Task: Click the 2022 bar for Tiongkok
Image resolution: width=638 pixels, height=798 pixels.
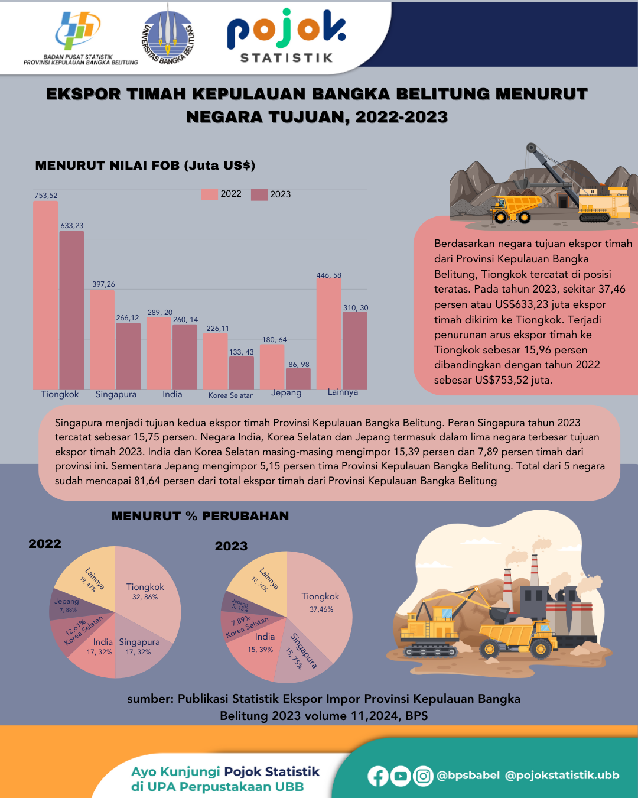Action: pos(45,296)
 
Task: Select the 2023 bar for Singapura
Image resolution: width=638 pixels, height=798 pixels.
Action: pos(128,356)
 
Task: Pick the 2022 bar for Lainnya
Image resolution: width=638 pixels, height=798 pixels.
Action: pos(328,333)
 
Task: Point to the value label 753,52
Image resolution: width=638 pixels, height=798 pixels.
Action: pos(46,196)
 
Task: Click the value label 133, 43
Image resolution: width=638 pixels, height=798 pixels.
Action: pos(241,352)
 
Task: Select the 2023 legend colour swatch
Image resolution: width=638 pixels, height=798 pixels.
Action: pos(259,194)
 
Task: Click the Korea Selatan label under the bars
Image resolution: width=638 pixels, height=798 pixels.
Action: pos(231,395)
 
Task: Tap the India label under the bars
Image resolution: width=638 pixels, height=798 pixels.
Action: pos(172,394)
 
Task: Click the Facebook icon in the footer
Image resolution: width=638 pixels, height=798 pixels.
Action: pos(378,776)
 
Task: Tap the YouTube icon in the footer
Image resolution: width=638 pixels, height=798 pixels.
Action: pos(401,776)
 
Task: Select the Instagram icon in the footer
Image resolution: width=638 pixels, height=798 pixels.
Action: pos(423,776)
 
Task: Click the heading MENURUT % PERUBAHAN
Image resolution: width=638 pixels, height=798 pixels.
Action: pos(200,516)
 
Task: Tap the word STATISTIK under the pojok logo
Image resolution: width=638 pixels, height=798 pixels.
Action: pos(287,58)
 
